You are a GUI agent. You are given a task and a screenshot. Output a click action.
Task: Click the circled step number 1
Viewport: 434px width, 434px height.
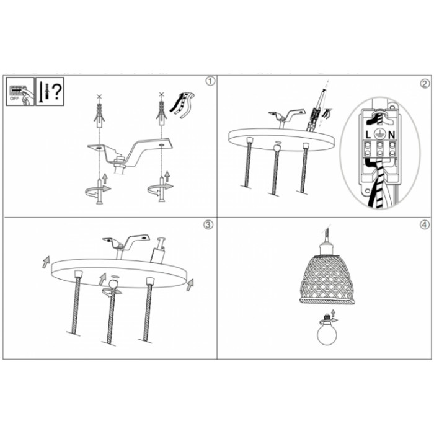coord(210,81)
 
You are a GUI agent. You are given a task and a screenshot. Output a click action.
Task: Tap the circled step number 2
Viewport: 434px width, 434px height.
coord(425,84)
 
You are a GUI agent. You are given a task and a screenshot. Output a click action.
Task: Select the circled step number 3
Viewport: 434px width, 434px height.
coord(208,224)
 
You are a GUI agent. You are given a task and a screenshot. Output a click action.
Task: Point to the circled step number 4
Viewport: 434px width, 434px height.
coord(424,224)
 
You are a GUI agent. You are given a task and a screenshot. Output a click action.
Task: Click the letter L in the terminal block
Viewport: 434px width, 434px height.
coord(368,135)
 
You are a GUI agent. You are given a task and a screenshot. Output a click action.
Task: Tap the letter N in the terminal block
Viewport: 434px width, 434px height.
coord(391,135)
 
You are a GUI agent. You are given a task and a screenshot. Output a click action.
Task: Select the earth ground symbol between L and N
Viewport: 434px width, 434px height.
coord(379,135)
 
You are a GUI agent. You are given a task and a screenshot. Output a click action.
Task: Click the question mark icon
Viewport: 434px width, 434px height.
coord(56,92)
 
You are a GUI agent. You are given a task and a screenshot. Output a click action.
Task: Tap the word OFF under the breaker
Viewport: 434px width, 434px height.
coord(14,98)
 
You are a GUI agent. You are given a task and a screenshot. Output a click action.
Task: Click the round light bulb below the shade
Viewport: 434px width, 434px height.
coord(327,334)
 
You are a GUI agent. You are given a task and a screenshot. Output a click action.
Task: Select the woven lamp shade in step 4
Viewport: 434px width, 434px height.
coord(327,279)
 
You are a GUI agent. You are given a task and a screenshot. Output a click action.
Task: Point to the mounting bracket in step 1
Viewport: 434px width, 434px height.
coord(130,154)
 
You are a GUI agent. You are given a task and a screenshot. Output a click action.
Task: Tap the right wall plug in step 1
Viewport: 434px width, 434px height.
coord(161,113)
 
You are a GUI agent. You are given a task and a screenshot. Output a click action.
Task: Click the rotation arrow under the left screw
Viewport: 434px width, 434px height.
coord(98,190)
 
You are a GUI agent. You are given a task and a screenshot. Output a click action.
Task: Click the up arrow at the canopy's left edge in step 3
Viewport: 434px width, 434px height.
coord(46,262)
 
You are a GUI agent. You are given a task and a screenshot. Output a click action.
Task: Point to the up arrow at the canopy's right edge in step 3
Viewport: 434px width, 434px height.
coord(190,285)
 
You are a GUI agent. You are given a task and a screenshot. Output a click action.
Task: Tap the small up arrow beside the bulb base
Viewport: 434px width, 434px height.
coord(334,312)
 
